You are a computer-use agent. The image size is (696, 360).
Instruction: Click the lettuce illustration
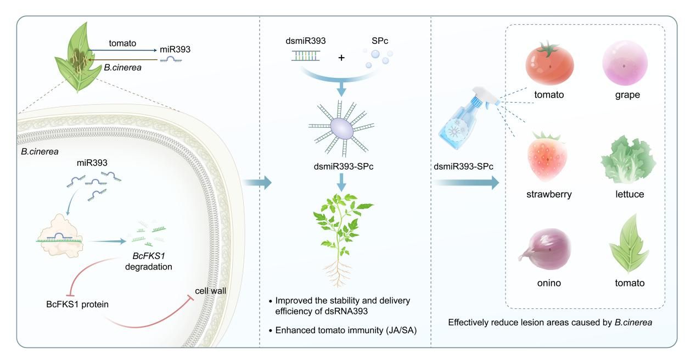click(628, 159)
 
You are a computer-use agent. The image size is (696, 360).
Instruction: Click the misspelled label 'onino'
click(546, 284)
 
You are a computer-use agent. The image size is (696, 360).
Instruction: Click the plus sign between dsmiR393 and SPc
click(342, 57)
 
